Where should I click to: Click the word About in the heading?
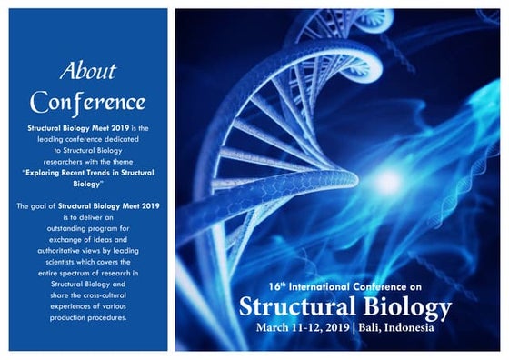pos(87,71)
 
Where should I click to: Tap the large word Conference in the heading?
pos(87,99)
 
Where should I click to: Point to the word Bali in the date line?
pos(368,327)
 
